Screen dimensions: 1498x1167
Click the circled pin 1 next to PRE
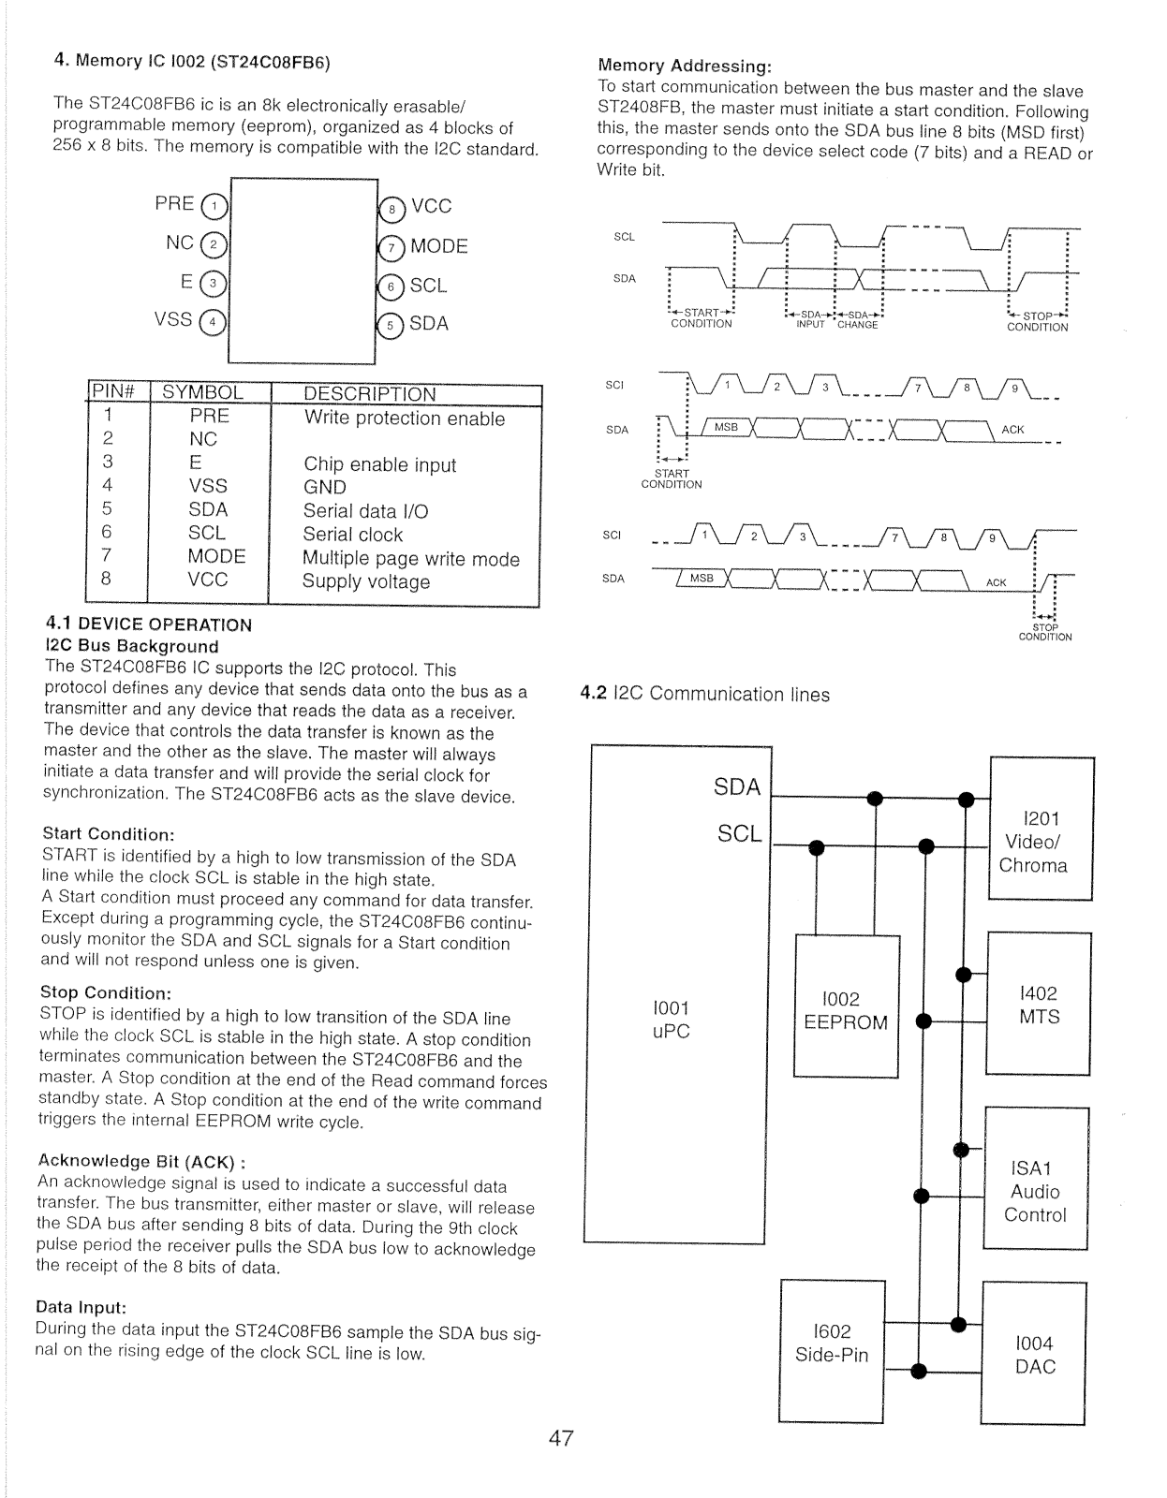215,206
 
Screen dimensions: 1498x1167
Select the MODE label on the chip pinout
438,246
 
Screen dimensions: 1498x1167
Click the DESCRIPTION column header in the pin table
370,394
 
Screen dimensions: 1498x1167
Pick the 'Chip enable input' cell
379,464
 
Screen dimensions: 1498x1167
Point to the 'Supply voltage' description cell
366,581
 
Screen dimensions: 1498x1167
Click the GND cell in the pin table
325,487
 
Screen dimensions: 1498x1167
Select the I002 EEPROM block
846,1010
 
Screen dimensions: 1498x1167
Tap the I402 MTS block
1039,1005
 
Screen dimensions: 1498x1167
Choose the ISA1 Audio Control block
1035,1191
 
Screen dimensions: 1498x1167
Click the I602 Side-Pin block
832,1343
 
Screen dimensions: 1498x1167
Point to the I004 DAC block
1035,1355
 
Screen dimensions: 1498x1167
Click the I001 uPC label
671,1020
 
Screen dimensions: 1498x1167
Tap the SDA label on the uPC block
737,787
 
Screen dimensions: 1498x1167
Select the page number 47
561,1438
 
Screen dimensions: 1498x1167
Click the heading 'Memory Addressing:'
685,66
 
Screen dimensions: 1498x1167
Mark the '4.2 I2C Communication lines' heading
704,694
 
